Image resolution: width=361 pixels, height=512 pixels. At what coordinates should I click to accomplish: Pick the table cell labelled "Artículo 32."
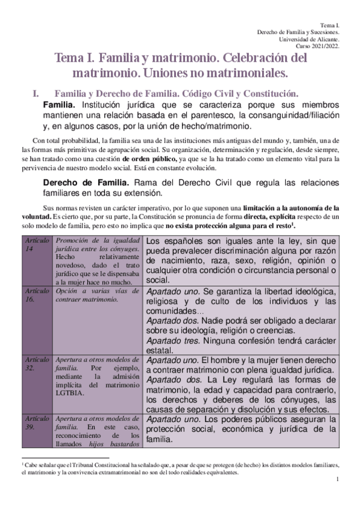[34, 363]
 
